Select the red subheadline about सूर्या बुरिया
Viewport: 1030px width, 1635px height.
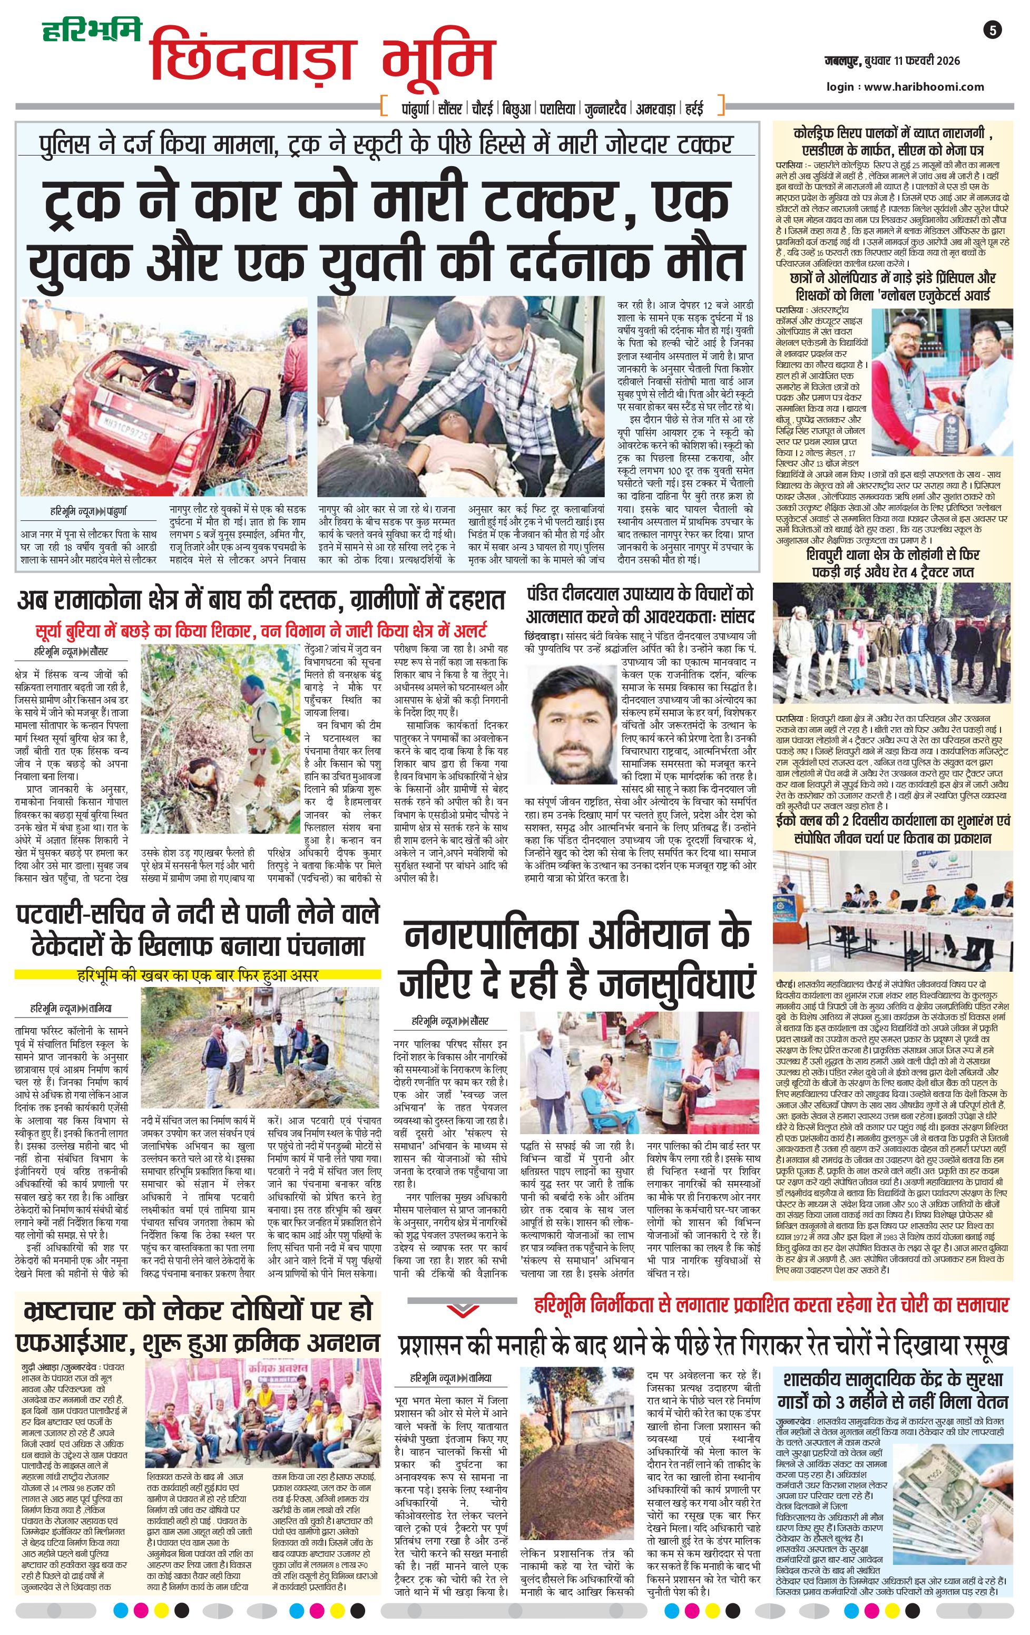point(261,630)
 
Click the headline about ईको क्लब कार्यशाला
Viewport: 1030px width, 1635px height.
point(893,830)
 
